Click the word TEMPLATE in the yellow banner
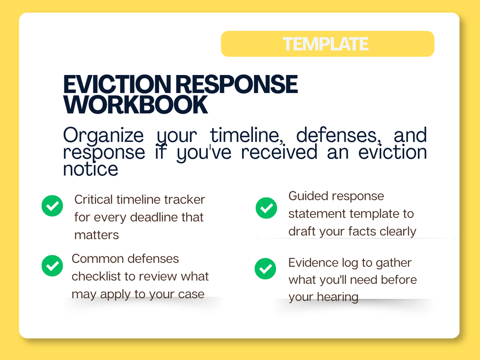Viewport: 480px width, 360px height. pos(325,44)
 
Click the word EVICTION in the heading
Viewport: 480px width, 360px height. pos(117,84)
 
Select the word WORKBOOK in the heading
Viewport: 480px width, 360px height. pos(136,105)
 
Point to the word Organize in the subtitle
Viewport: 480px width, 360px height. pos(103,135)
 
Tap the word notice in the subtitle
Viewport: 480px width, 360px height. pos(91,169)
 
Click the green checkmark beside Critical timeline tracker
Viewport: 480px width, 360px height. pos(53,206)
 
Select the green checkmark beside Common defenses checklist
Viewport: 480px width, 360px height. pos(53,266)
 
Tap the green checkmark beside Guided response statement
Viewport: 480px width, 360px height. pos(267,208)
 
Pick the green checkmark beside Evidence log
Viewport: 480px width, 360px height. pos(266,269)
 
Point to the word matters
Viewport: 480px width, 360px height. pos(96,235)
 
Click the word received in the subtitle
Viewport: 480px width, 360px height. pos(279,152)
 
